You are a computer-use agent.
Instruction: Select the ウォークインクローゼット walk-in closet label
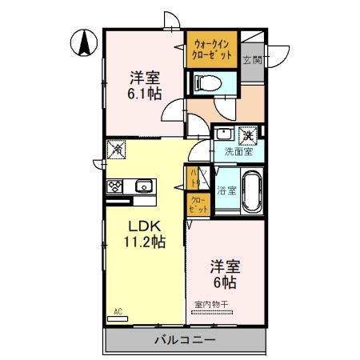pyautogui.click(x=213, y=50)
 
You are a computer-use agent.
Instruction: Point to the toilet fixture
pyautogui.click(x=206, y=82)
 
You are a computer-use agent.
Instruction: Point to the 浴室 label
pyautogui.click(x=226, y=190)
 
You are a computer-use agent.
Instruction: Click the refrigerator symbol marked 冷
pyautogui.click(x=115, y=148)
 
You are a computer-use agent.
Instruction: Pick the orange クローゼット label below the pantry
pyautogui.click(x=197, y=204)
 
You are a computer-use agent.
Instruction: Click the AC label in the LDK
pyautogui.click(x=116, y=310)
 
